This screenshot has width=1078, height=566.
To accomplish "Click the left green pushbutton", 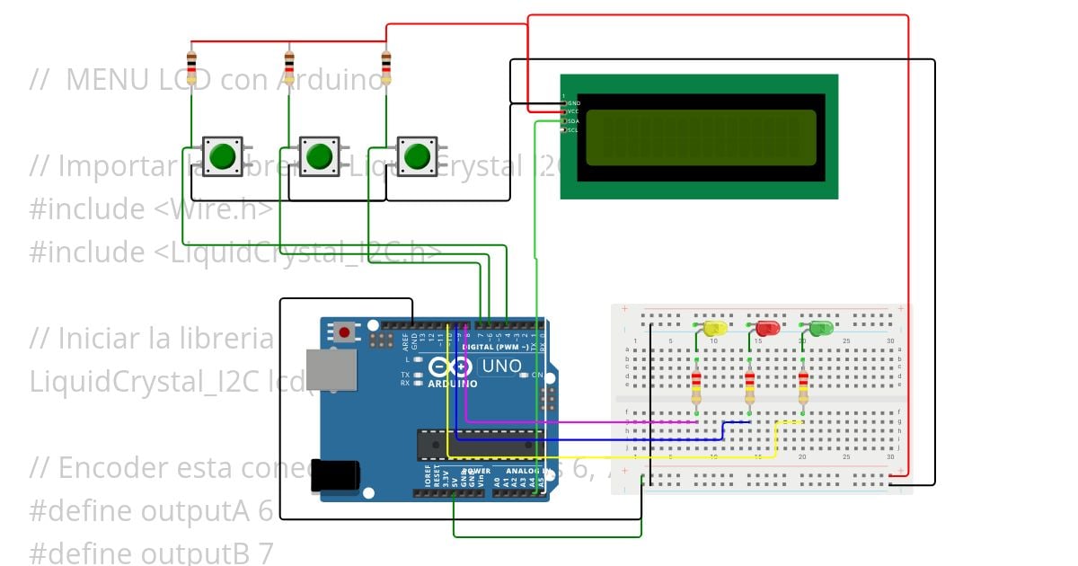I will [221, 156].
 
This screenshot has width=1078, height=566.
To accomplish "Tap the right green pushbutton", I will [416, 156].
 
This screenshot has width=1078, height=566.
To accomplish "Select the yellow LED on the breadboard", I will [714, 329].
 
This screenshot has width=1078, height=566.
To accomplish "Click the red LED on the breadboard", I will [767, 329].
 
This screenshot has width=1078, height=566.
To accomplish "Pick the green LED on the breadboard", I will [820, 329].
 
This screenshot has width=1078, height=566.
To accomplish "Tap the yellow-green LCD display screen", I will [701, 137].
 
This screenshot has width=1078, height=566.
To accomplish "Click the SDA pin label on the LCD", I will [572, 121].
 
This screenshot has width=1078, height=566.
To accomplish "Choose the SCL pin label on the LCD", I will [572, 130].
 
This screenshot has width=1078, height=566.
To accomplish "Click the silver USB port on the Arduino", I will [331, 371].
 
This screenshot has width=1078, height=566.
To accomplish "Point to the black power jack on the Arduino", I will [335, 475].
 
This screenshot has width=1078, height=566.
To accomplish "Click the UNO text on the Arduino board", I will [501, 366].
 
